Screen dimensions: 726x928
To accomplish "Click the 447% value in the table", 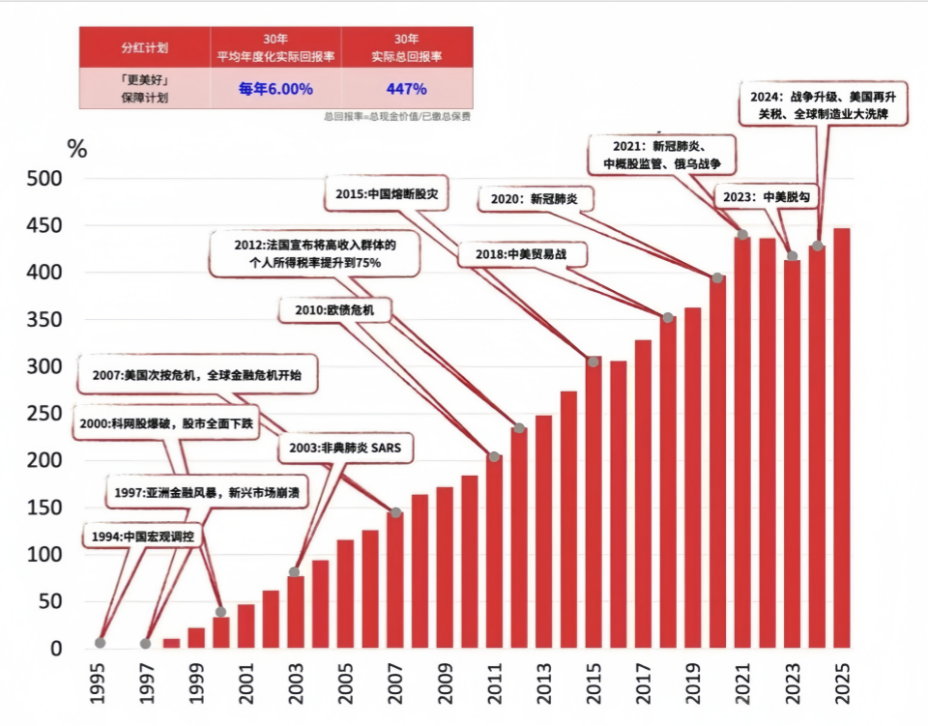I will click(x=407, y=89).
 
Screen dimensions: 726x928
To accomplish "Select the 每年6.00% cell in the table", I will click(x=275, y=89).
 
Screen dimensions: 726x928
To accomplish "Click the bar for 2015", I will click(x=594, y=503).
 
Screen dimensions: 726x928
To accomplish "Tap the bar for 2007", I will click(x=395, y=580).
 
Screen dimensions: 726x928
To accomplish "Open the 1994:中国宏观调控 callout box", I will click(x=144, y=537).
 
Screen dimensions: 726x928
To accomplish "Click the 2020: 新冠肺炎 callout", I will click(x=535, y=199).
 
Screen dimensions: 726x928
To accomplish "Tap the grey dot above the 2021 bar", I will click(x=742, y=235).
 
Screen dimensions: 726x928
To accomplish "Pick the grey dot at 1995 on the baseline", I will click(x=100, y=643).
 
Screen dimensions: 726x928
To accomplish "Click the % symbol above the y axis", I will click(x=76, y=149).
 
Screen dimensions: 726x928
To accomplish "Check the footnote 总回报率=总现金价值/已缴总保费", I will click(x=397, y=117).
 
